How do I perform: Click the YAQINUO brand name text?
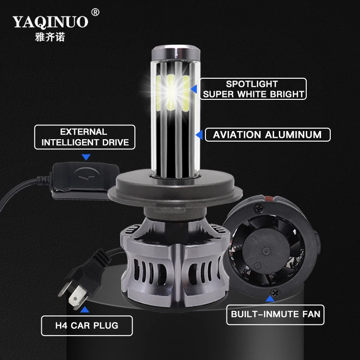click(x=50, y=22)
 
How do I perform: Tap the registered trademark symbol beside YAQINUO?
click(x=95, y=12)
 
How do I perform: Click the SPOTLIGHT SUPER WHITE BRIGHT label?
click(x=253, y=89)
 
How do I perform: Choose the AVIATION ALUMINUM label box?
click(x=267, y=134)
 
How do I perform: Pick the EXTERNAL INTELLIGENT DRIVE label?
click(x=84, y=137)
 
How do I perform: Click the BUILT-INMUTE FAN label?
click(x=275, y=315)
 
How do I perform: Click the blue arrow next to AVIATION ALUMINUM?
click(x=198, y=135)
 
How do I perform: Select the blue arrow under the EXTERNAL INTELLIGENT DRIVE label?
click(x=86, y=157)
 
